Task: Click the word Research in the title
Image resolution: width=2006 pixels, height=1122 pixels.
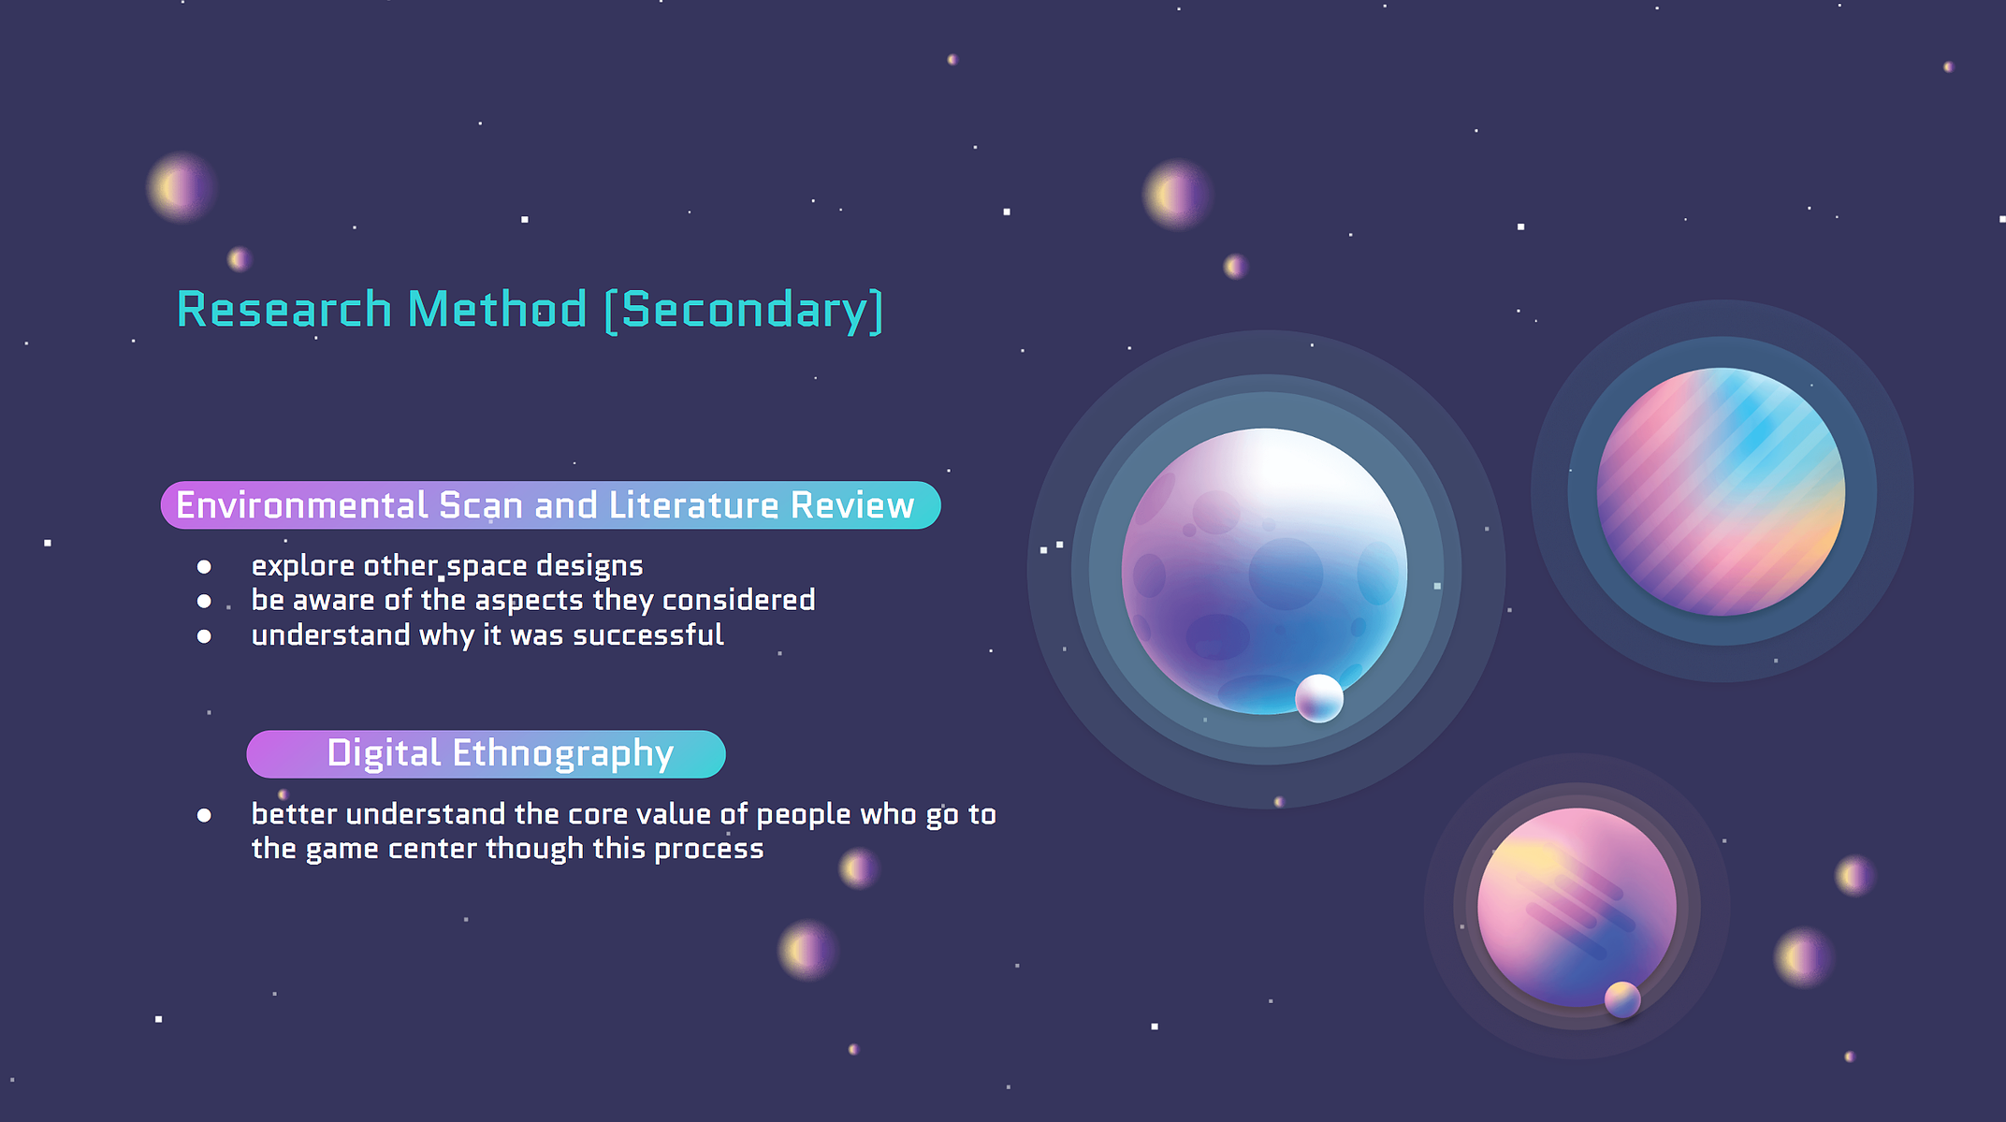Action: pos(283,309)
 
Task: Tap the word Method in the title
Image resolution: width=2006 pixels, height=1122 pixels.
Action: pos(497,309)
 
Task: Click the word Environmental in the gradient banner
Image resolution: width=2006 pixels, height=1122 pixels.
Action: pos(302,505)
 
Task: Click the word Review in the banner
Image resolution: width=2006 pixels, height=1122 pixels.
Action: pos(852,505)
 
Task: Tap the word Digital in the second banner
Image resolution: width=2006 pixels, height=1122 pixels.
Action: pos(384,753)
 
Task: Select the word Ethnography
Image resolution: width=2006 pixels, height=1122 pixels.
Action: pos(563,754)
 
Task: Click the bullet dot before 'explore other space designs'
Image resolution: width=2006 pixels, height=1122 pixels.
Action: pos(204,566)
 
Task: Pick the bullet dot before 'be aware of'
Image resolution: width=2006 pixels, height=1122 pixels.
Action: pos(204,601)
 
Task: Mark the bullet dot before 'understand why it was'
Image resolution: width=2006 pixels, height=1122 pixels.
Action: pos(204,636)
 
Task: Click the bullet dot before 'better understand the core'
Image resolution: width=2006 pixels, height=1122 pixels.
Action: pos(204,815)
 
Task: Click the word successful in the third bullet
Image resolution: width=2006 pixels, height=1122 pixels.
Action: pos(648,634)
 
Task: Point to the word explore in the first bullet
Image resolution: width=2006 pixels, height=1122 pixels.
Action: pos(303,566)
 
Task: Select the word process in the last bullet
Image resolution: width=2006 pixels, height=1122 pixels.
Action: pos(709,849)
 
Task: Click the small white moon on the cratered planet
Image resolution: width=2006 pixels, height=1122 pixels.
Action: pos(1319,698)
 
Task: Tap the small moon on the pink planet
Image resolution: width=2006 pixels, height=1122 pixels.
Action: pos(1622,999)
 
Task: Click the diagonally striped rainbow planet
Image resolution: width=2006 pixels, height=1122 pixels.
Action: pos(1721,491)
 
